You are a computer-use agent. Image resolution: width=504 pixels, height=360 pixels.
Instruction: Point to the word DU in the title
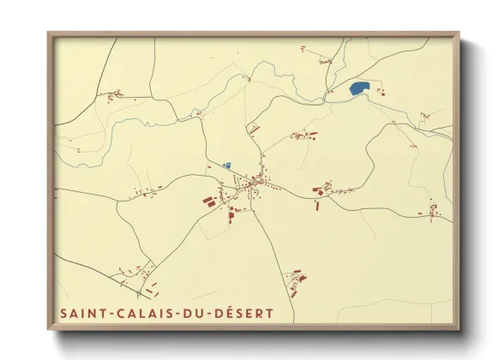tap(188, 314)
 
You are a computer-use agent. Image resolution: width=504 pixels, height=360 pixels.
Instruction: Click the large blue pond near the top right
tap(359, 87)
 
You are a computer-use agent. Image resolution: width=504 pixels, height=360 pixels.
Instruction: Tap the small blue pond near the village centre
tap(226, 165)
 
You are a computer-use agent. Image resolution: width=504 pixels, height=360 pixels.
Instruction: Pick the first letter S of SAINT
tap(64, 314)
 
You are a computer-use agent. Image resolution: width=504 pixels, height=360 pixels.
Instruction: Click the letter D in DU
tap(182, 314)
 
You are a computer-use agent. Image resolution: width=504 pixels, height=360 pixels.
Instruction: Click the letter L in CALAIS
tap(140, 314)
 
